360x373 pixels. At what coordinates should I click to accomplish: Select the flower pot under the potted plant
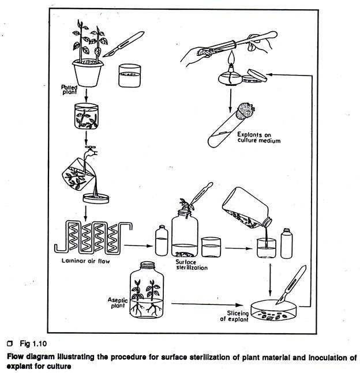87,71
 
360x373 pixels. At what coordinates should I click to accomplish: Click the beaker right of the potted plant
130,75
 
